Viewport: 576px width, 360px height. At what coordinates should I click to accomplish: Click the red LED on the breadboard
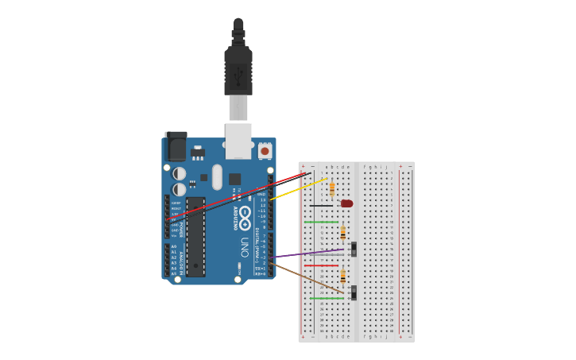click(346, 203)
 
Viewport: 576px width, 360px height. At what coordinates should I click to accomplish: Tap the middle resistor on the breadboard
click(342, 233)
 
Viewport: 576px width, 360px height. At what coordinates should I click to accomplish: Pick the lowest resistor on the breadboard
click(342, 277)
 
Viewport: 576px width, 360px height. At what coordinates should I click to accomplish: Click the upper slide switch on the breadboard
click(354, 250)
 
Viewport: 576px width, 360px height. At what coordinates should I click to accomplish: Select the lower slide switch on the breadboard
click(354, 292)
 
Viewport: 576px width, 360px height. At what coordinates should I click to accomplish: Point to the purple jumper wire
click(310, 254)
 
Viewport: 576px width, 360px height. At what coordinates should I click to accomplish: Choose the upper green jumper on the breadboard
click(321, 222)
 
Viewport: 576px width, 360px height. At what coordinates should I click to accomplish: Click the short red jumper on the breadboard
click(321, 265)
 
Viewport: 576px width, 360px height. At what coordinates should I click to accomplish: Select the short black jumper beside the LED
click(322, 205)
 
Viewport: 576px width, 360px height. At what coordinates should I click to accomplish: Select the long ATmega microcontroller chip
click(195, 237)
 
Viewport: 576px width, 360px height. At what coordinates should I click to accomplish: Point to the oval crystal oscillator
click(217, 176)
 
